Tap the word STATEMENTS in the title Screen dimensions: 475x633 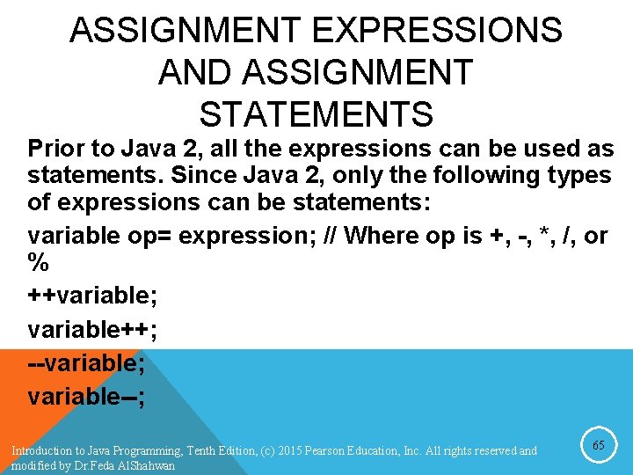(316, 114)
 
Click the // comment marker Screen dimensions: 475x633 (332, 236)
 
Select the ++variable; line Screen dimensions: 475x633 (92, 296)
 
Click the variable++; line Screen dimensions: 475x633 (92, 329)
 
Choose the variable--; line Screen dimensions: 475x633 (86, 396)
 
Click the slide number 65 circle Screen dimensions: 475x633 (598, 446)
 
